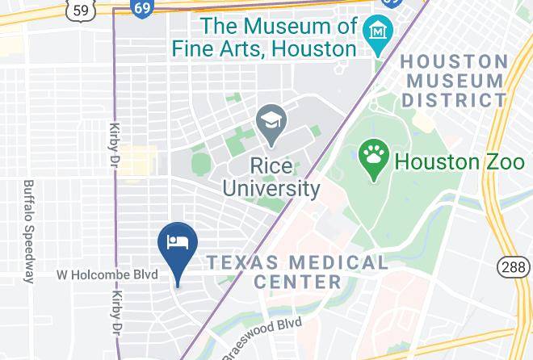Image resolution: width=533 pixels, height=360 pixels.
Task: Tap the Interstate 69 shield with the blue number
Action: coord(142,7)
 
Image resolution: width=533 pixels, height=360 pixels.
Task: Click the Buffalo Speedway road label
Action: coord(28,232)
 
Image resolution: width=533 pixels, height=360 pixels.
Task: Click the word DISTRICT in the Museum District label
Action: coord(455,100)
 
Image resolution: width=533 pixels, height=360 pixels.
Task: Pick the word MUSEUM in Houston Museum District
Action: coord(455,81)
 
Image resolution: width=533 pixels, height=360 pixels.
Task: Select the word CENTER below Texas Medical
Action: coord(296,282)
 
